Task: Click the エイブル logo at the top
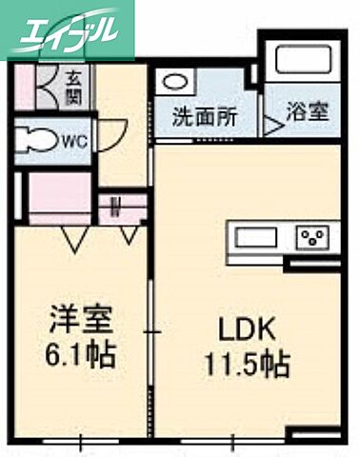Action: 68,28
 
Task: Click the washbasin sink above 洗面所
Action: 175,84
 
